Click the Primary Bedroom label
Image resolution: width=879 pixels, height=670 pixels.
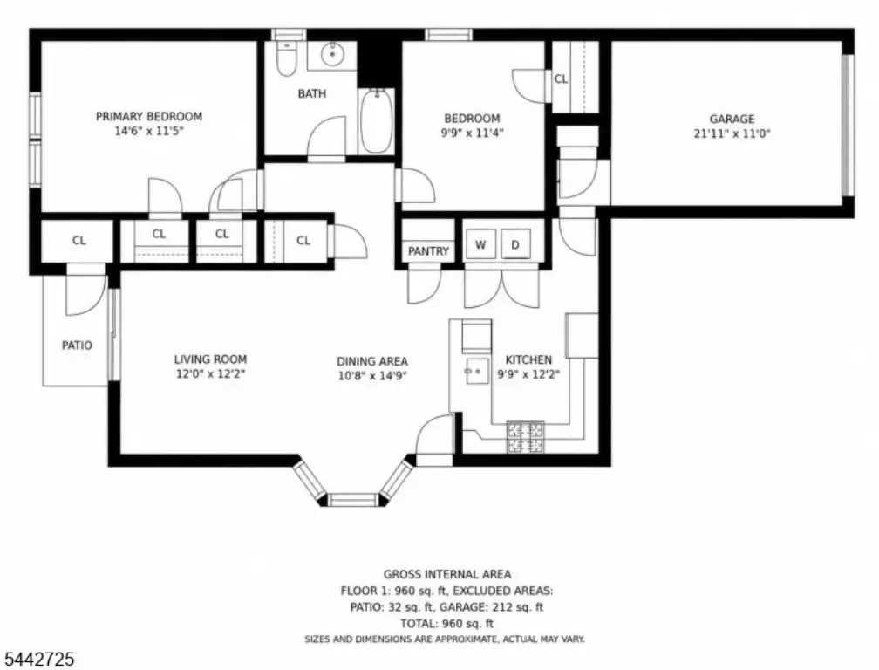point(148,117)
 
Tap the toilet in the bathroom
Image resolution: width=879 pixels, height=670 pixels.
point(286,58)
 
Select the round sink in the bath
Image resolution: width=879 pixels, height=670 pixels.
point(332,54)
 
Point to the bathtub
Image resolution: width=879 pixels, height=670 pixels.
point(376,120)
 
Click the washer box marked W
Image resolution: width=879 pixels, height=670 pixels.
point(480,244)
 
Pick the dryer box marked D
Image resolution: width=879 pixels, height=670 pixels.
point(515,244)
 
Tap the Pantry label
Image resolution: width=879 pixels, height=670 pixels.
point(428,251)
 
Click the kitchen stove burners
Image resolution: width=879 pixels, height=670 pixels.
point(525,437)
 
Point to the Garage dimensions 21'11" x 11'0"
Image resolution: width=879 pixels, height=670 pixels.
point(732,133)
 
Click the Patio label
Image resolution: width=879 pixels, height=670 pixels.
point(77,345)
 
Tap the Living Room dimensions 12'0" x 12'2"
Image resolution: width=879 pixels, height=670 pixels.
point(210,373)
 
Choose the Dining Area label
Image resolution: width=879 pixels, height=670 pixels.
point(372,362)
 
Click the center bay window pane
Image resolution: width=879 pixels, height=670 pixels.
point(353,500)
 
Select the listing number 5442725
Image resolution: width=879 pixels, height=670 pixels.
point(39,659)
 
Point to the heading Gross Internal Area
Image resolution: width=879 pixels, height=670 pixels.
point(447,574)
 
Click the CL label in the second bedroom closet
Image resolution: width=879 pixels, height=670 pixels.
point(562,79)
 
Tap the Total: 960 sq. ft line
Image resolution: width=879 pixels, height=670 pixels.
point(446,624)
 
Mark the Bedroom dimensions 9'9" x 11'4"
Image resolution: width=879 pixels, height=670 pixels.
point(472,133)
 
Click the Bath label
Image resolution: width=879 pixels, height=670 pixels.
point(311,93)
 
